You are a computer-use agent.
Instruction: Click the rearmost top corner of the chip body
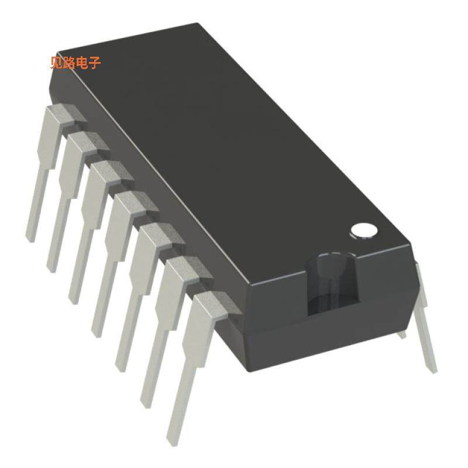tap(199, 24)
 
